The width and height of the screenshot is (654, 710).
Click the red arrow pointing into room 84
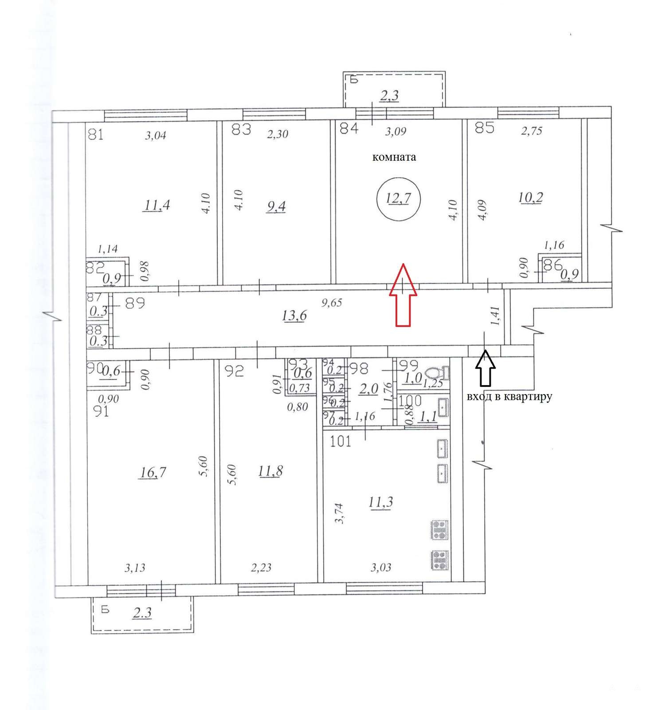(403, 295)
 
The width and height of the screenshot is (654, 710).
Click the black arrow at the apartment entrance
(486, 368)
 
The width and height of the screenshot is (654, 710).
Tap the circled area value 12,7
(398, 198)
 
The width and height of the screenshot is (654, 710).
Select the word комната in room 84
(394, 157)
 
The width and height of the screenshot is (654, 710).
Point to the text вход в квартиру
(509, 396)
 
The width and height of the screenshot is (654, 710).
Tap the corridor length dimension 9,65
(332, 304)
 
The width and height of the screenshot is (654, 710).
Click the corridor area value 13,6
(294, 316)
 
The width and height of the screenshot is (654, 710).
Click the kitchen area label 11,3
(380, 502)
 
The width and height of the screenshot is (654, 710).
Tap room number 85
(484, 128)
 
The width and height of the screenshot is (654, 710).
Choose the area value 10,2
(530, 197)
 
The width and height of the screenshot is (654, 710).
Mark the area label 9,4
(275, 206)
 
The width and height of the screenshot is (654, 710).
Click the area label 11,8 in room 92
(270, 471)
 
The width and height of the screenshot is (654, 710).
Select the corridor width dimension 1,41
(495, 316)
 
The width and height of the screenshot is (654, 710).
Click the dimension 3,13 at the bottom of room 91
(135, 568)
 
